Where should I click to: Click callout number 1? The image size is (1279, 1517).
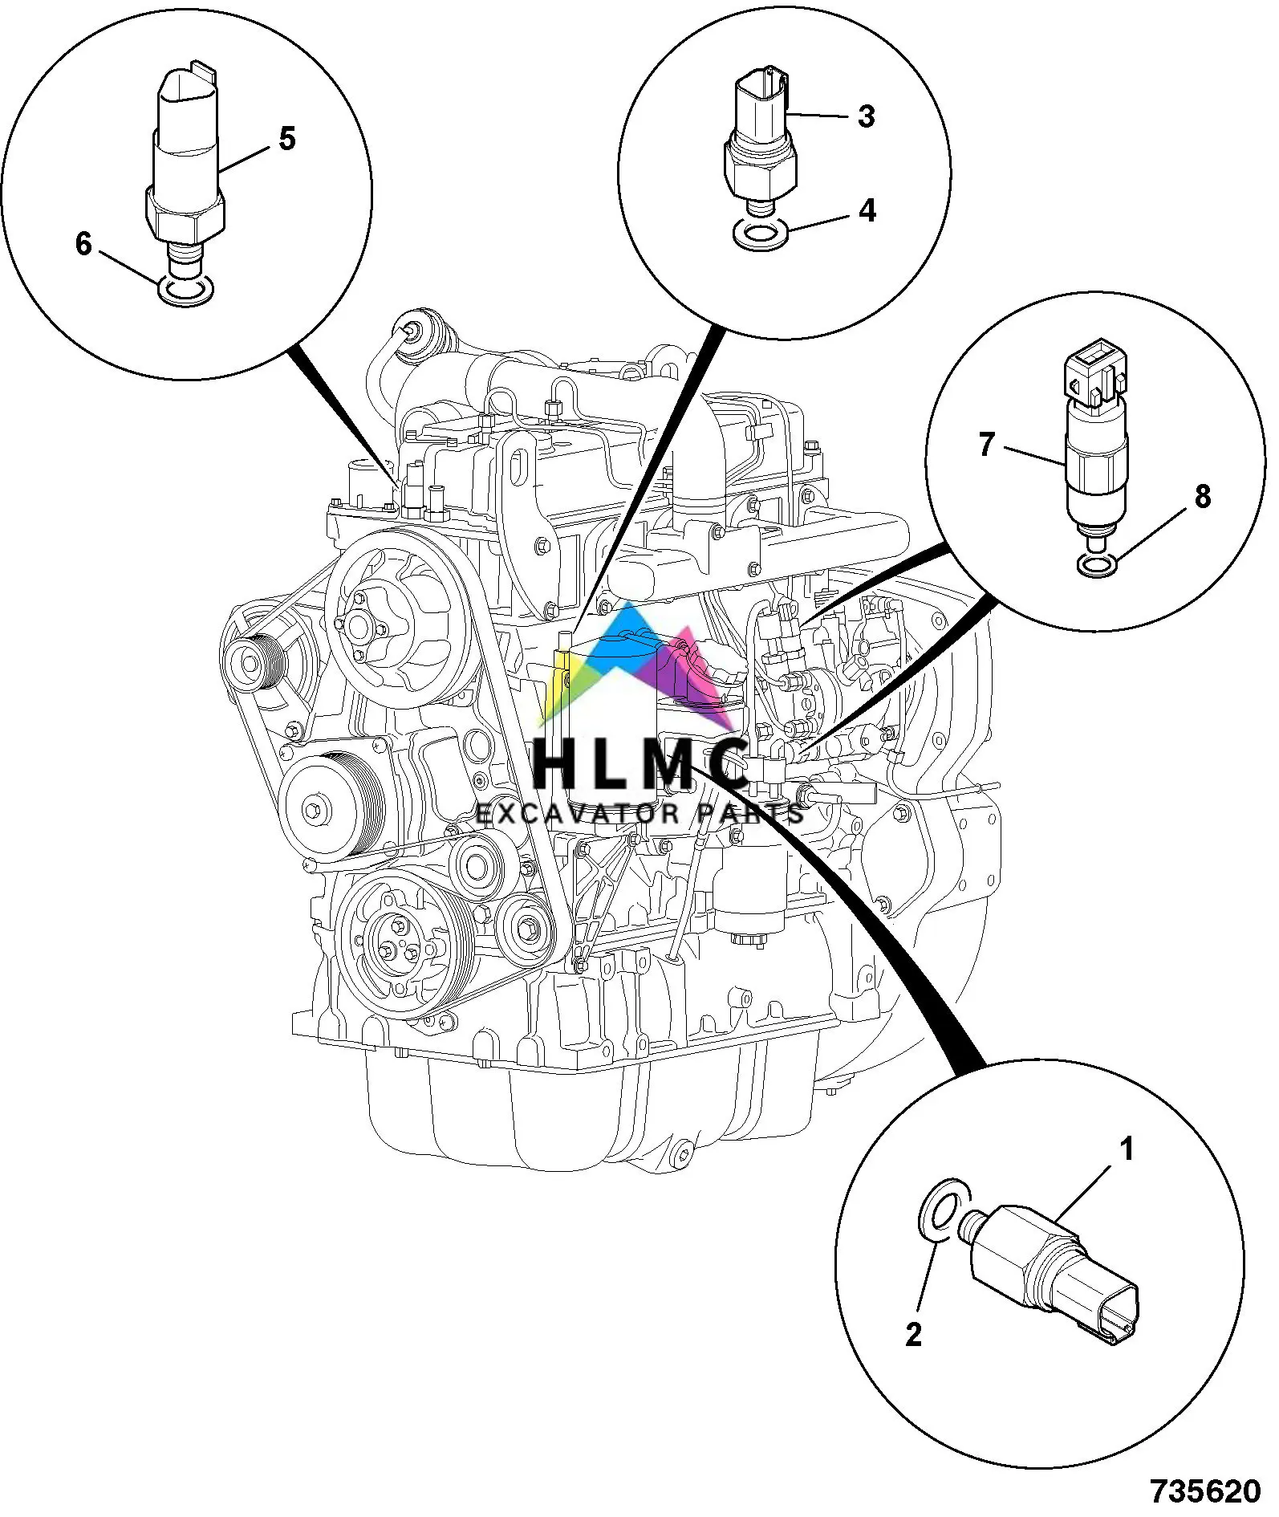pyautogui.click(x=1127, y=1151)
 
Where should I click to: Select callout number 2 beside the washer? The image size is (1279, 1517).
pyautogui.click(x=913, y=1335)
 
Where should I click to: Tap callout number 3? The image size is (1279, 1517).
pyautogui.click(x=866, y=116)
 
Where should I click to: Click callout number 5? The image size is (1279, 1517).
pyautogui.click(x=286, y=139)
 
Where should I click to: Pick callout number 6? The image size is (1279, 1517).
pyautogui.click(x=83, y=243)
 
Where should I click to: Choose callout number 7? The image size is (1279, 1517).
pyautogui.click(x=986, y=443)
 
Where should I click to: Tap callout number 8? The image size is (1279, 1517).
pyautogui.click(x=1202, y=497)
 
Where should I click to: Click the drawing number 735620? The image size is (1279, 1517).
pyautogui.click(x=1206, y=1491)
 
